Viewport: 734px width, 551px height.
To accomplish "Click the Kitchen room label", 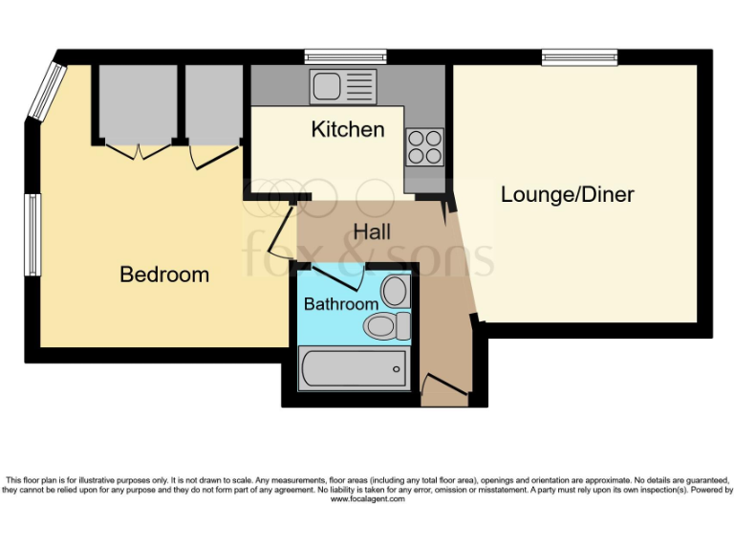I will [348, 129].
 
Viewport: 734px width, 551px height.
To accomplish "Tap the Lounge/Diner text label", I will [568, 195].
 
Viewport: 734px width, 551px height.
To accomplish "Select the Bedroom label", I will [164, 275].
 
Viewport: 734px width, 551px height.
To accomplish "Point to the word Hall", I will [372, 231].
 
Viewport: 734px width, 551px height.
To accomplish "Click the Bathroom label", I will [341, 304].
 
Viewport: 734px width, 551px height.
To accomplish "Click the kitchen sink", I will [343, 86].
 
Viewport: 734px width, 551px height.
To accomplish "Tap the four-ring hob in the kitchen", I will [424, 146].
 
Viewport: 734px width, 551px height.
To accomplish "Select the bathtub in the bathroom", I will [355, 368].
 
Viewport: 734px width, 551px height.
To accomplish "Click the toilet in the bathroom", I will [386, 326].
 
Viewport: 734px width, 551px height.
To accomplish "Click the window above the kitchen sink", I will [346, 55].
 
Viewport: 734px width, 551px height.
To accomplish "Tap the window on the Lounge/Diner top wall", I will [580, 55].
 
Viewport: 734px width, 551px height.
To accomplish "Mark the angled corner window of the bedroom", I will [47, 90].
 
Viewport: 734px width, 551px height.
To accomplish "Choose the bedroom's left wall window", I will [32, 234].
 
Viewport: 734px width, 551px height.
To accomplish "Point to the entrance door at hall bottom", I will [443, 388].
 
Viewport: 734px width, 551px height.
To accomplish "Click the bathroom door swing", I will [336, 277].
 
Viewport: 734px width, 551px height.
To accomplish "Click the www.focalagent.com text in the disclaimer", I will [367, 498].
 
